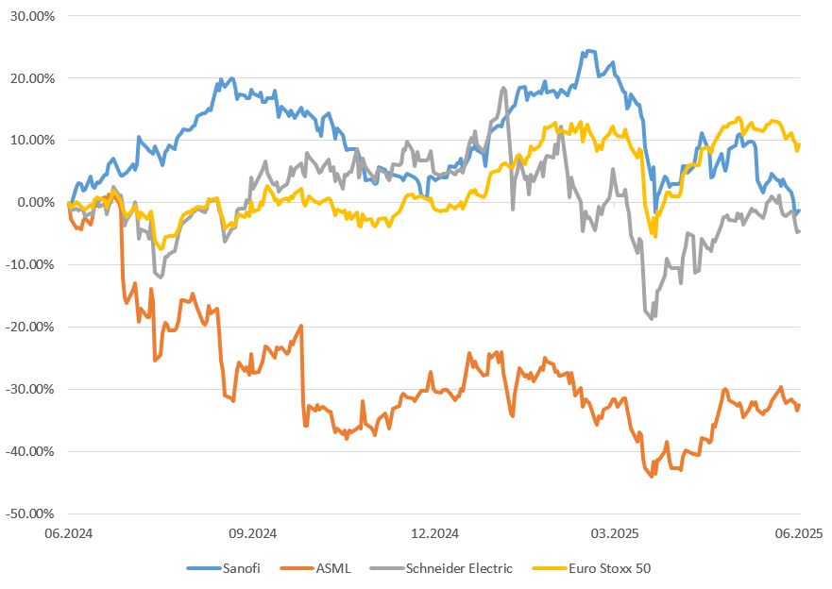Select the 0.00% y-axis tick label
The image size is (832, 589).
coord(37,203)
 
